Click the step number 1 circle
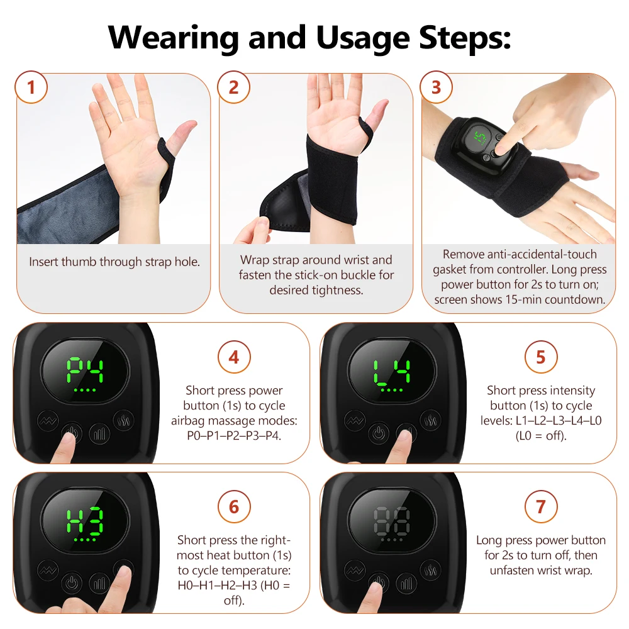pyautogui.click(x=31, y=87)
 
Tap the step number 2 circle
pyautogui.click(x=233, y=87)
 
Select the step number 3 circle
pyautogui.click(x=436, y=87)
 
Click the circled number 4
pyautogui.click(x=234, y=357)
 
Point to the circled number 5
pyautogui.click(x=541, y=357)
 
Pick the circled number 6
pyautogui.click(x=234, y=506)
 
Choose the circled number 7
pyautogui.click(x=541, y=506)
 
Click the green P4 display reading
pyautogui.click(x=85, y=370)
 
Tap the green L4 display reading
pyautogui.click(x=392, y=370)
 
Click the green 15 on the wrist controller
pyautogui.click(x=480, y=138)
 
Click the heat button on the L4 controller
pyautogui.click(x=430, y=420)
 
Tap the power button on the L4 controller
pyautogui.click(x=379, y=433)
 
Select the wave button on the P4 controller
pyautogui.click(x=48, y=420)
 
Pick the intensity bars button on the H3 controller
pyautogui.click(x=99, y=583)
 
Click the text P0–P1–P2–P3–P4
pyautogui.click(x=234, y=436)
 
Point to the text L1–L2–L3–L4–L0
pyautogui.click(x=541, y=420)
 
